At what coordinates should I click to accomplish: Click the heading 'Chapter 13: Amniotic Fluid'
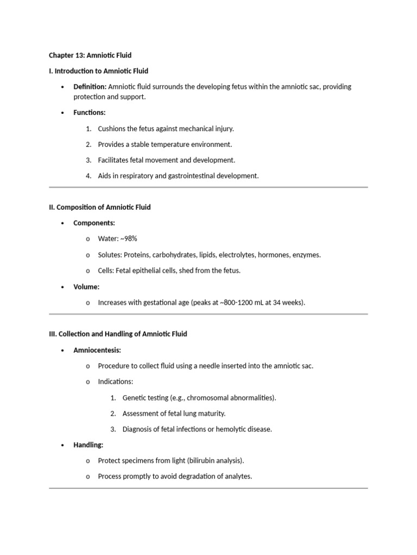90,55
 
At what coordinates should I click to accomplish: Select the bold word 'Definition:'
90,87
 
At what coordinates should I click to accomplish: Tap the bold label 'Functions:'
90,113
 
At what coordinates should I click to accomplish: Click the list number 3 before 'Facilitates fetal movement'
89,160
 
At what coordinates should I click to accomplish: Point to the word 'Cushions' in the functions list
112,129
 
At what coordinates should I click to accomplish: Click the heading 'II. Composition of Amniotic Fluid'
100,207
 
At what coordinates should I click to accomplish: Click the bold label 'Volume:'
86,287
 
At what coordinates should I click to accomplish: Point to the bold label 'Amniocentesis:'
97,350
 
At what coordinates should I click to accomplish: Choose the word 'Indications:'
115,382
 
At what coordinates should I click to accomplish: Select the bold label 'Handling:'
89,445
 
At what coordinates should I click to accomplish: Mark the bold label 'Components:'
94,223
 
